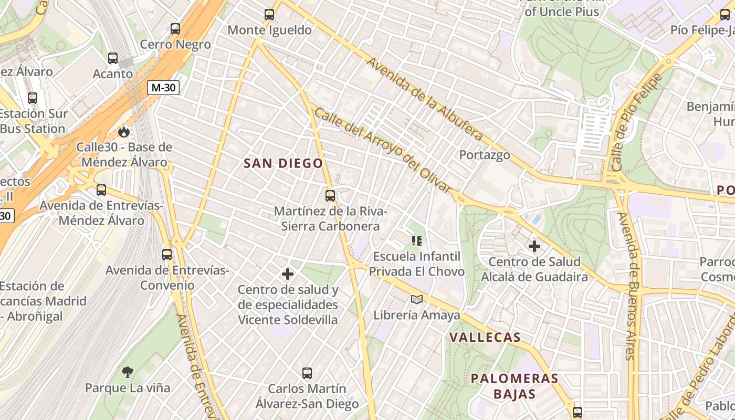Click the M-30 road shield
tap(163, 88)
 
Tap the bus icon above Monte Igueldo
tap(269, 15)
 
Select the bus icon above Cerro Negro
tap(175, 29)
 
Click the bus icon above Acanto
tap(113, 58)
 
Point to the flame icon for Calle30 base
tap(124, 131)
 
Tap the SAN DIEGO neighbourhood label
tap(283, 163)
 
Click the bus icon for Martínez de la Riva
tap(330, 196)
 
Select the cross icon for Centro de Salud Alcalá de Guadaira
tap(534, 246)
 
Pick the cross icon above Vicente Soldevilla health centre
tap(288, 274)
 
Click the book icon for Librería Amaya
tap(417, 299)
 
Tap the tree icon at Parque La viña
tap(127, 372)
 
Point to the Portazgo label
tap(485, 155)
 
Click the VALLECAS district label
tap(485, 338)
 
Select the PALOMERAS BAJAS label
tap(514, 386)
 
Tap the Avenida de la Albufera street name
tap(424, 99)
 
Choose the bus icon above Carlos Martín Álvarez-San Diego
tap(307, 373)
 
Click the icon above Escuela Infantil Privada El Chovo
tap(417, 241)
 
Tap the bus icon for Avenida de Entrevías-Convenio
tap(167, 255)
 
